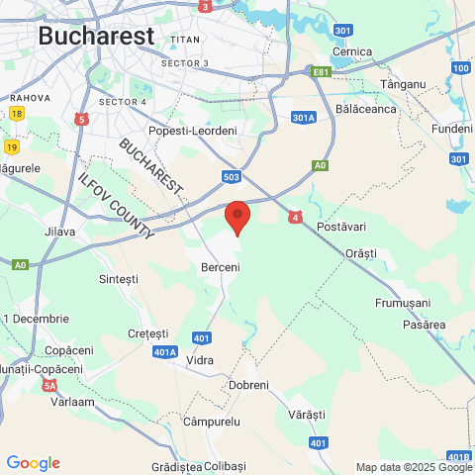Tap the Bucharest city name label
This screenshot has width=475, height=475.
click(96, 36)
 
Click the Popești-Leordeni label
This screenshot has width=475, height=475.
click(193, 131)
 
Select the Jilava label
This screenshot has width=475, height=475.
click(59, 232)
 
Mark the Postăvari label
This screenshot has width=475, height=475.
click(341, 228)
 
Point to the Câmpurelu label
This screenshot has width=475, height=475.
click(212, 422)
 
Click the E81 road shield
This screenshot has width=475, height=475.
click(320, 72)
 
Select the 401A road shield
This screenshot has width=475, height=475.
click(165, 351)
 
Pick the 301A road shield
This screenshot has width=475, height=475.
click(304, 118)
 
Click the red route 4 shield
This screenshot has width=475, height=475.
click(295, 216)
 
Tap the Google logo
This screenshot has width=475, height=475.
click(33, 463)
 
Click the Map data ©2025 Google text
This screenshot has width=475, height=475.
click(414, 467)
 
